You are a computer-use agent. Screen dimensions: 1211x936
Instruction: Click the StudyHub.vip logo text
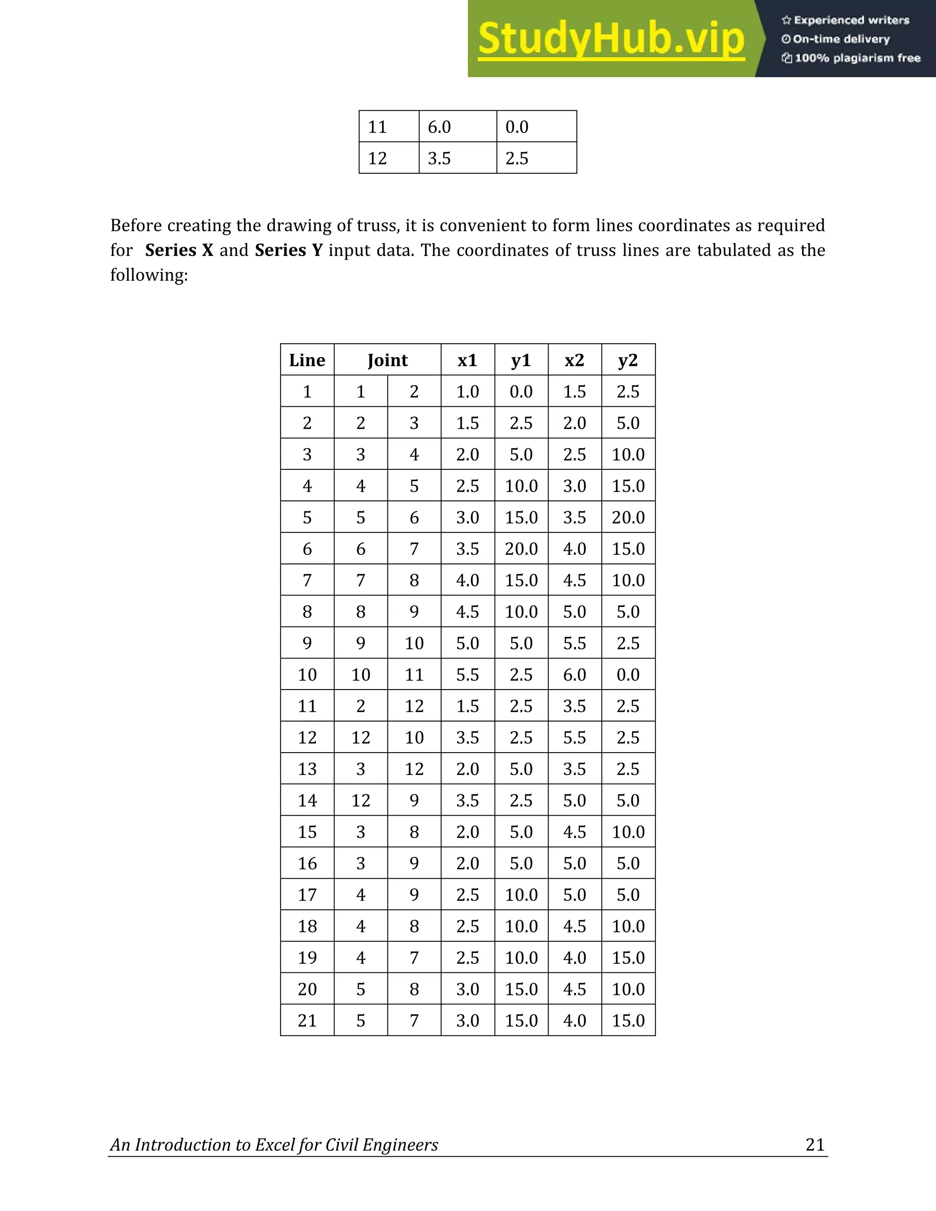(611, 39)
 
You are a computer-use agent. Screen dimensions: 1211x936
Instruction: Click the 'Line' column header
(307, 361)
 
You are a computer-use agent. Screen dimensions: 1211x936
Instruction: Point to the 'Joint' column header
(387, 361)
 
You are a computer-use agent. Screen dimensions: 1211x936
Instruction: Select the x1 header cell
(468, 361)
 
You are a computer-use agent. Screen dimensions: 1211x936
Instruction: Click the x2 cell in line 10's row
(574, 675)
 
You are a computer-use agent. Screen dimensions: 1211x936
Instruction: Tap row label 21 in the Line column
(307, 1020)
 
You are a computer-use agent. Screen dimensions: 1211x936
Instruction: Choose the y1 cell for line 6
(521, 549)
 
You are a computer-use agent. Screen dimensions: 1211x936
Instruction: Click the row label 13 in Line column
(307, 769)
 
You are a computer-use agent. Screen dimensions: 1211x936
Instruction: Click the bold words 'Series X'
(179, 250)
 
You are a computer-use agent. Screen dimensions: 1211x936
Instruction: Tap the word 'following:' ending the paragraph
(149, 275)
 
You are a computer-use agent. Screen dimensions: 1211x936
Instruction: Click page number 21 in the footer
(814, 1144)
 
